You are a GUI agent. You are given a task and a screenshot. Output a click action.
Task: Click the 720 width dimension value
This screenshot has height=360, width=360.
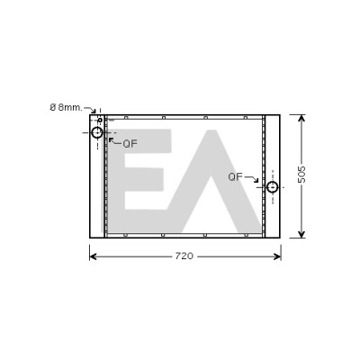tap(184, 256)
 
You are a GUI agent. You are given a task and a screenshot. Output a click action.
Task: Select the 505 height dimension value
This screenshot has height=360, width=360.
tap(301, 175)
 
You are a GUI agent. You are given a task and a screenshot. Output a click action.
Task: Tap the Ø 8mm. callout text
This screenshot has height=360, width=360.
tap(66, 107)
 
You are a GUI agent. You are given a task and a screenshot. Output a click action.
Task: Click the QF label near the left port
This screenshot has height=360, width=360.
tap(130, 144)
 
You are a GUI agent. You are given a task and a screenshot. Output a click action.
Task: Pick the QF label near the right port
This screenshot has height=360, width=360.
tap(235, 176)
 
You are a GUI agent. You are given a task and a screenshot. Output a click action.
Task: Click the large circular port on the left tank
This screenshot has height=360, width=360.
tap(97, 132)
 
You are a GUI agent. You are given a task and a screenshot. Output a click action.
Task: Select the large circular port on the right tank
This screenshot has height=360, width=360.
tap(273, 187)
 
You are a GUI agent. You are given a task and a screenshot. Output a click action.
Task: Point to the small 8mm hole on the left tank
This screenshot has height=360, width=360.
tap(100, 120)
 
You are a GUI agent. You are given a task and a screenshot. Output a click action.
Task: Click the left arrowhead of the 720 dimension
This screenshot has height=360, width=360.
tap(93, 256)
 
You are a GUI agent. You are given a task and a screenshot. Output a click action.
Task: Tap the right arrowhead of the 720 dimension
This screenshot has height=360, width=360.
tap(277, 256)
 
